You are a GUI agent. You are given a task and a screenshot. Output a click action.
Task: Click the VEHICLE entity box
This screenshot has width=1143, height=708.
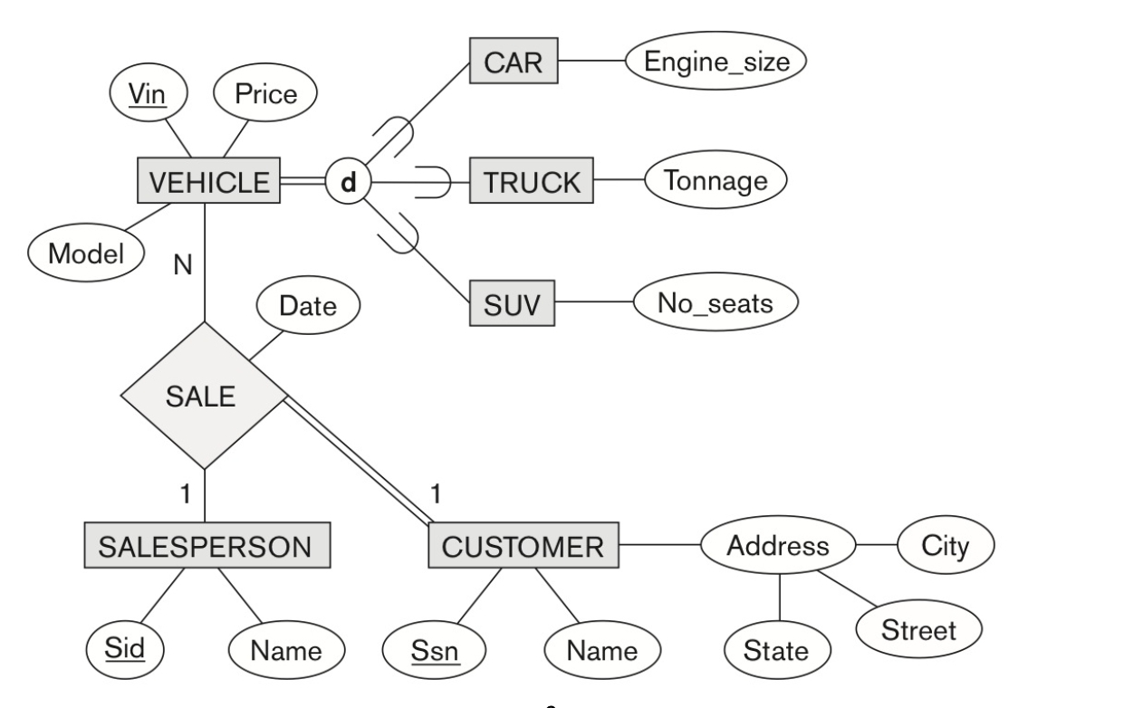pyautogui.click(x=208, y=182)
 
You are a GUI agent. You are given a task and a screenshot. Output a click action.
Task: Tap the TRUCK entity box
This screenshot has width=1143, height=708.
pyautogui.click(x=532, y=182)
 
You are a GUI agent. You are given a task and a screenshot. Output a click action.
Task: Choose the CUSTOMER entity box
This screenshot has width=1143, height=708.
pyautogui.click(x=523, y=546)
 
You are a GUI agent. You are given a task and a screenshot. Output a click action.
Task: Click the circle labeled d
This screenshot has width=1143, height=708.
pyautogui.click(x=348, y=182)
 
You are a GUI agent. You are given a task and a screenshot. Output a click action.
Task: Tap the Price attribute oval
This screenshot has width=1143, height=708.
pyautogui.click(x=265, y=92)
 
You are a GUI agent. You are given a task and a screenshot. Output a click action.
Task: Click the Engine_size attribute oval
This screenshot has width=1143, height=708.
pyautogui.click(x=716, y=62)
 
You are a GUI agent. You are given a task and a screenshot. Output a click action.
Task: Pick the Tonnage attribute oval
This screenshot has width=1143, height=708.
pyautogui.click(x=716, y=181)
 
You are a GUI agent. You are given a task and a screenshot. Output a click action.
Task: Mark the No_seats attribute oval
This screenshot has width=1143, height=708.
pyautogui.click(x=716, y=303)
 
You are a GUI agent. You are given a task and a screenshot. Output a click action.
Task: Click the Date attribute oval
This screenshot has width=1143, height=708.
pyautogui.click(x=307, y=305)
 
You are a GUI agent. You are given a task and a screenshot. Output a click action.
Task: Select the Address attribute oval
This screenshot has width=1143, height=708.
pyautogui.click(x=778, y=546)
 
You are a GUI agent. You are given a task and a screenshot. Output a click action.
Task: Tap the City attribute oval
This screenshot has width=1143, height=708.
pyautogui.click(x=945, y=546)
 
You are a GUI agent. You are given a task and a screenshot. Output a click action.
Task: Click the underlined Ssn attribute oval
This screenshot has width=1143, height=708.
pyautogui.click(x=435, y=649)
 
